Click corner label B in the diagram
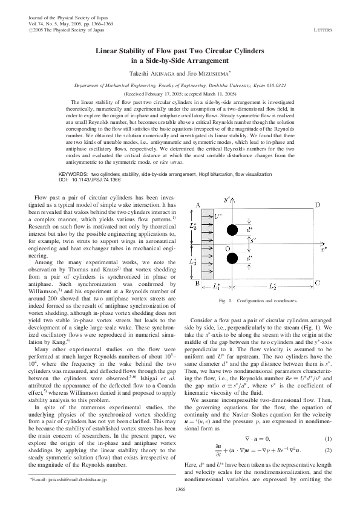coord(198,283)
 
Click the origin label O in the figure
coord(227,249)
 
